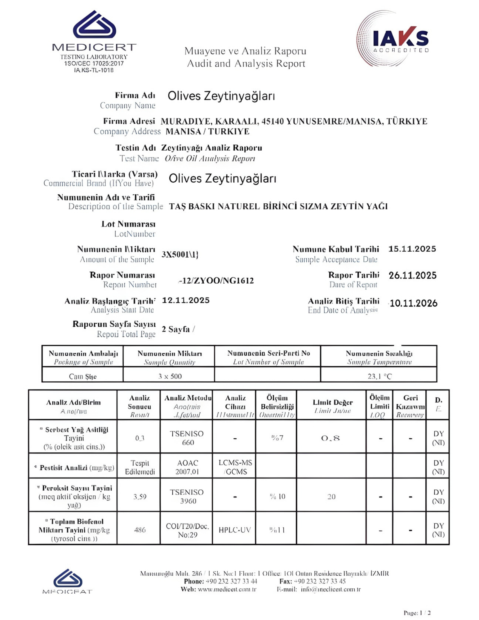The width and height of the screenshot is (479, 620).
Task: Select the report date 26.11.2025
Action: pos(412,275)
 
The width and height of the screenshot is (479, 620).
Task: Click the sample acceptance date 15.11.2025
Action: pos(412,249)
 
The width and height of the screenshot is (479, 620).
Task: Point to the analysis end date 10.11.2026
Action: pos(413,303)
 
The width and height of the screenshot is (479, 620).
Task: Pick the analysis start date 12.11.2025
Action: pos(186,300)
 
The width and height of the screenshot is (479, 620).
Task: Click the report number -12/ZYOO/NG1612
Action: pos(216,281)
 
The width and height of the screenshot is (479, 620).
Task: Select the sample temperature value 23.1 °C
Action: pos(379,376)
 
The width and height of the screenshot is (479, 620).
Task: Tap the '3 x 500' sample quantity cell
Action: pos(170,376)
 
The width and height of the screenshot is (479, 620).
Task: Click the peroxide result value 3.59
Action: pos(140,497)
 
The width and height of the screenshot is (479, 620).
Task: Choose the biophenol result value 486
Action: pos(140,530)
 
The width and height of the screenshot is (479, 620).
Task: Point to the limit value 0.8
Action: pos(330,438)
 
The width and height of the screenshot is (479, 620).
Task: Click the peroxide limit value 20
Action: pos(331,497)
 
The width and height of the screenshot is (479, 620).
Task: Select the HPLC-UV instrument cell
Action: pos(235,530)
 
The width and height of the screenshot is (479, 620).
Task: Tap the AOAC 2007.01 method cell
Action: pos(187,467)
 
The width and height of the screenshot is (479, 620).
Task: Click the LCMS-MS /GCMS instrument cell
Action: pos(235,467)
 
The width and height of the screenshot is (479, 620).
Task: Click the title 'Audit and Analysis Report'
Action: pos(246,64)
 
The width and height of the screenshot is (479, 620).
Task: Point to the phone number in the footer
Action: pos(220,581)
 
